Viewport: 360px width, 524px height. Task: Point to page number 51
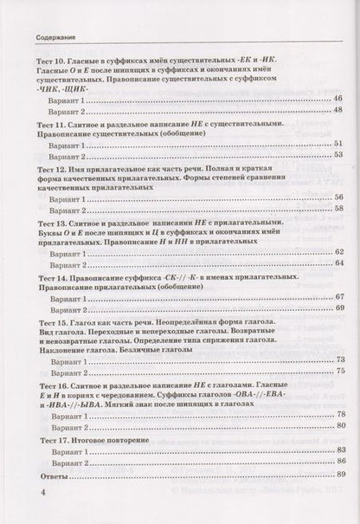pyautogui.click(x=337, y=144)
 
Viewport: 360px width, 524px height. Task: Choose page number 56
pyautogui.click(x=337, y=197)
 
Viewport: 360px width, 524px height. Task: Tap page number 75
pyautogui.click(x=337, y=371)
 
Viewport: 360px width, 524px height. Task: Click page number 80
pyautogui.click(x=337, y=426)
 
